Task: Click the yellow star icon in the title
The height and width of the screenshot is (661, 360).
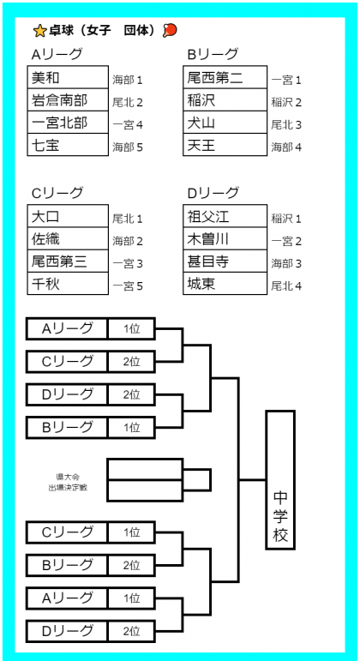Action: pyautogui.click(x=39, y=30)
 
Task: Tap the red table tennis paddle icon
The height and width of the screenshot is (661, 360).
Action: pyautogui.click(x=170, y=30)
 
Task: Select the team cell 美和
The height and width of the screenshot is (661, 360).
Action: pyautogui.click(x=68, y=77)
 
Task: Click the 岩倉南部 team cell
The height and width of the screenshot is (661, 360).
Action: pyautogui.click(x=68, y=100)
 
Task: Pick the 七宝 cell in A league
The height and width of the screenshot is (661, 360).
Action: pyautogui.click(x=68, y=145)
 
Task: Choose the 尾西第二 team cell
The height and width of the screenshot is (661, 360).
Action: pyautogui.click(x=225, y=77)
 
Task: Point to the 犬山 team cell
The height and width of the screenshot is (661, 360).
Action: pyautogui.click(x=225, y=123)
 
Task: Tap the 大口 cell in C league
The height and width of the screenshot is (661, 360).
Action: pyautogui.click(x=68, y=216)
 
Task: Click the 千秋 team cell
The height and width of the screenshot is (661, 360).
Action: pyautogui.click(x=68, y=283)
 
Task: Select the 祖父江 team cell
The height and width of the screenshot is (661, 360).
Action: pyautogui.click(x=225, y=216)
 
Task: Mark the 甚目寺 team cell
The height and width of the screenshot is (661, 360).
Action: pyautogui.click(x=225, y=261)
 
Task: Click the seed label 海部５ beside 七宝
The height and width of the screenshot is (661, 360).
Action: pyautogui.click(x=128, y=147)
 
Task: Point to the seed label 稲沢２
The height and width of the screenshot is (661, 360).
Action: pyautogui.click(x=286, y=102)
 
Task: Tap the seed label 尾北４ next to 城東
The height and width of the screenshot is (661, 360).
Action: pyautogui.click(x=286, y=286)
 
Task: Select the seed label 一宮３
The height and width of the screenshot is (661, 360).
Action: pyautogui.click(x=128, y=264)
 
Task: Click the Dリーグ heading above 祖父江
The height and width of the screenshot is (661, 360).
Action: pyautogui.click(x=213, y=193)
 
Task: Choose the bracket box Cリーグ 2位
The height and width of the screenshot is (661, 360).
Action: pyautogui.click(x=91, y=362)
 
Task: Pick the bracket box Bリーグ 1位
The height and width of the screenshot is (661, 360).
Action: pyautogui.click(x=91, y=428)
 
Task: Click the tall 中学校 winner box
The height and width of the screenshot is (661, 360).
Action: pyautogui.click(x=280, y=480)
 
